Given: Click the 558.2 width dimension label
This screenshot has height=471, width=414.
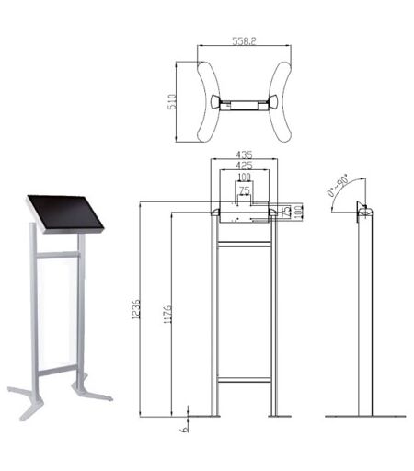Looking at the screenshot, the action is pyautogui.click(x=244, y=41).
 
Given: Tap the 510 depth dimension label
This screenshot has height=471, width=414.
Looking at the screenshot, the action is pyautogui.click(x=172, y=102).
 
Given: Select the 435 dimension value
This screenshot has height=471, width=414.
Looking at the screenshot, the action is pyautogui.click(x=244, y=155).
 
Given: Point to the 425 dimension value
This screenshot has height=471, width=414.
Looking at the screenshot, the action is pyautogui.click(x=244, y=166).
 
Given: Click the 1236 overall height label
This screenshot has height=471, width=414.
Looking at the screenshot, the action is pyautogui.click(x=136, y=309).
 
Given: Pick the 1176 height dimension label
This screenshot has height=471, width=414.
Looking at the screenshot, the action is pyautogui.click(x=167, y=315).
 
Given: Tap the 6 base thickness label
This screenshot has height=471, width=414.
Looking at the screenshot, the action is pyautogui.click(x=185, y=429).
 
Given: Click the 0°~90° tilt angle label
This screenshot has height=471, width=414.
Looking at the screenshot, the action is pyautogui.click(x=338, y=185).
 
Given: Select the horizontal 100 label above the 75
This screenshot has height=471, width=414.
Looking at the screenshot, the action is pyautogui.click(x=244, y=178).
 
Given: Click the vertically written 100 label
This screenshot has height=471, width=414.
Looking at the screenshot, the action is pyautogui.click(x=298, y=212).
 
